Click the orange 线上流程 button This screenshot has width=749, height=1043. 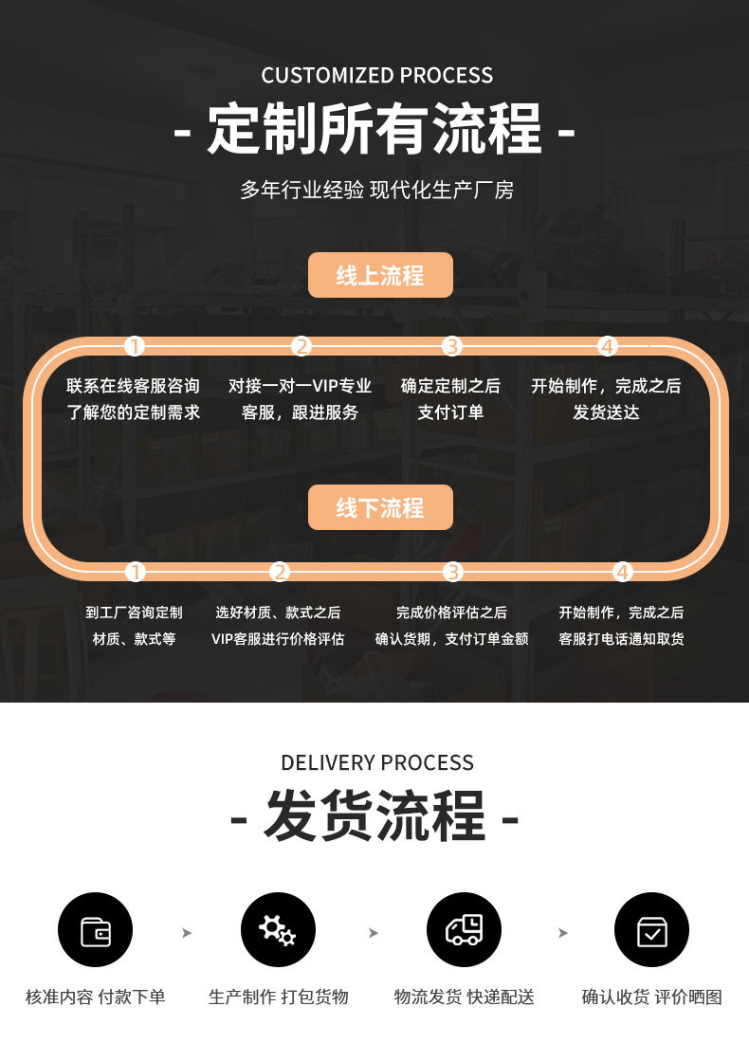(x=380, y=275)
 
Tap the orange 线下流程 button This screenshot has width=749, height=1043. (x=380, y=507)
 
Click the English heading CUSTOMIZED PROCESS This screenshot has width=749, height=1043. (x=376, y=75)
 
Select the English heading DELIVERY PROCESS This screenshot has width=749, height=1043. (x=377, y=762)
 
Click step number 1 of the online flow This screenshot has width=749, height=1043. (x=135, y=346)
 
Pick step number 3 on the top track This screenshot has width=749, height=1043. (x=452, y=346)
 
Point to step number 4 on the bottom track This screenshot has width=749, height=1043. (x=623, y=572)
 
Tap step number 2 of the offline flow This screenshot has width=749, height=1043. (x=280, y=572)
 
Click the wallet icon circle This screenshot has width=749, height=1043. (x=95, y=929)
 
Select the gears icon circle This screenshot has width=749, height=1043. (x=278, y=929)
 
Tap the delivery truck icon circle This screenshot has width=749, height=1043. (x=464, y=929)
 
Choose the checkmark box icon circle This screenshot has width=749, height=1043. (x=652, y=929)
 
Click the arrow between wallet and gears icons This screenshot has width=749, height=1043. (x=187, y=933)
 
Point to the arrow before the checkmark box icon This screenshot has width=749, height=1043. (x=563, y=933)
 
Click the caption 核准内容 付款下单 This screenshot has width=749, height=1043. (x=95, y=997)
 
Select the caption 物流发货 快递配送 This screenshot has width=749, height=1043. (x=464, y=997)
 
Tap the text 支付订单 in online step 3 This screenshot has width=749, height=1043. (x=450, y=412)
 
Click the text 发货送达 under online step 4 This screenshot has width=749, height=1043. (x=606, y=412)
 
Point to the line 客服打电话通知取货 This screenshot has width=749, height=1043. (x=621, y=639)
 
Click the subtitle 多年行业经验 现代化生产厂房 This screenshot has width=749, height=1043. (x=377, y=191)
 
